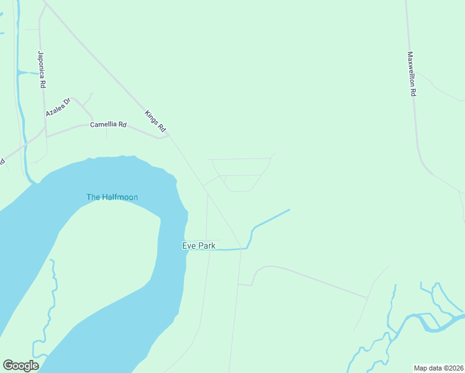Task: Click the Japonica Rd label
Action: pyautogui.click(x=42, y=69)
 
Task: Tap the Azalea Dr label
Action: pyautogui.click(x=59, y=107)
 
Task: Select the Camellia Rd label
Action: pyautogui.click(x=108, y=124)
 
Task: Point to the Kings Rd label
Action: pyautogui.click(x=155, y=121)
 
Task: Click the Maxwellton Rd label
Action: pyautogui.click(x=411, y=73)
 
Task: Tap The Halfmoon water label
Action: pyautogui.click(x=112, y=197)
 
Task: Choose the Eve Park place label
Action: pyautogui.click(x=198, y=246)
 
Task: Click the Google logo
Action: pyautogui.click(x=21, y=366)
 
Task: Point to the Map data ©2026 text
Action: pyautogui.click(x=438, y=368)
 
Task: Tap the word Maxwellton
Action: pyautogui.click(x=411, y=68)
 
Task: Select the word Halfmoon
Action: pyautogui.click(x=120, y=197)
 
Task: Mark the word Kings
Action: pyautogui.click(x=152, y=117)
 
